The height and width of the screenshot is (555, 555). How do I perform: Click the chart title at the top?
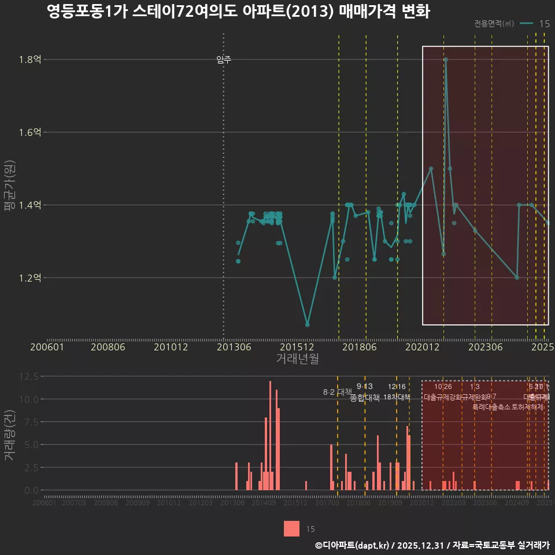pos(238,12)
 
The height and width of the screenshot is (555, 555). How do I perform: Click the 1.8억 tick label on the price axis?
pos(30,60)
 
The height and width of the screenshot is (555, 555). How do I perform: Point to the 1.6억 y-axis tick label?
pos(30,132)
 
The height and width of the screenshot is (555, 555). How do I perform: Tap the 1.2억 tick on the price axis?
pos(30,277)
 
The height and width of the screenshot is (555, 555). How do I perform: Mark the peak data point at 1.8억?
pos(446,60)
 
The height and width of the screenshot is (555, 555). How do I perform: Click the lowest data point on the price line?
pos(308,325)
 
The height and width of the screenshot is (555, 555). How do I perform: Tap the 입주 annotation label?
pos(224,60)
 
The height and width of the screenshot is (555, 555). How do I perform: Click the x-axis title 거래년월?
pos(297,359)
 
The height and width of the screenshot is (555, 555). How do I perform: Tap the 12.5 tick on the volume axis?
pos(29,376)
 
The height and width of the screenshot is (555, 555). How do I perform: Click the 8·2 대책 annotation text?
pos(337,392)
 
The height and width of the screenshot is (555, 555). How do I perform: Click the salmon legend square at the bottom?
pos(292,528)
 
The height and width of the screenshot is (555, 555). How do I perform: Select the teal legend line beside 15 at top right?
pos(526,24)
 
